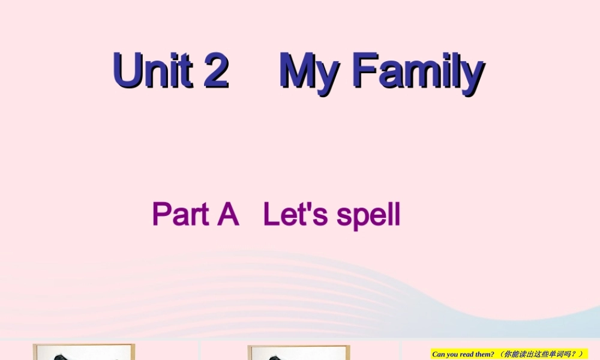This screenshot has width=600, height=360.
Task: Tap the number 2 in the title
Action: click(216, 71)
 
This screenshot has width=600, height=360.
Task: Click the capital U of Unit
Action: click(127, 71)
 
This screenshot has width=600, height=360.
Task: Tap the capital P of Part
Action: click(161, 215)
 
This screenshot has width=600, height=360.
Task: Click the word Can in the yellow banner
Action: click(439, 355)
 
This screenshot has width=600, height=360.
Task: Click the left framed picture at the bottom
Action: click(84, 352)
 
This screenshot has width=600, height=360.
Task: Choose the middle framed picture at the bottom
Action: click(298, 352)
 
